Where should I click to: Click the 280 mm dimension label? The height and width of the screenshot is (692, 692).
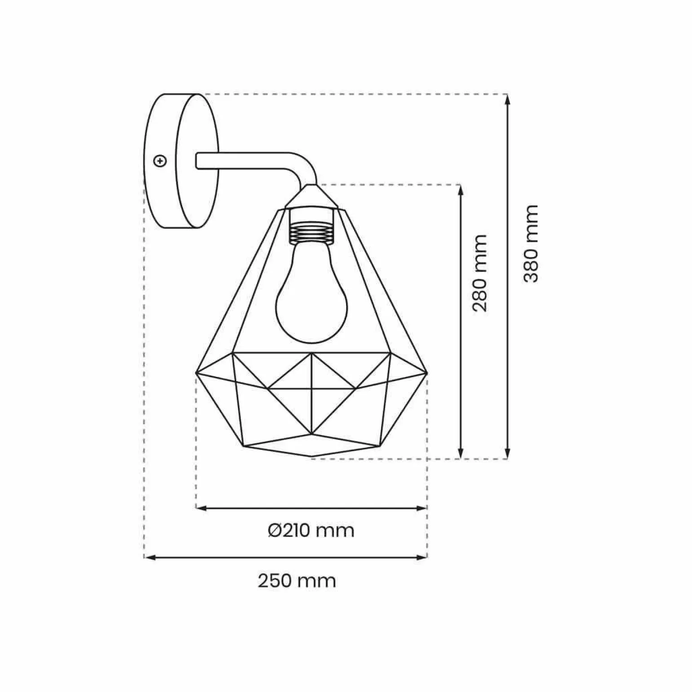479,273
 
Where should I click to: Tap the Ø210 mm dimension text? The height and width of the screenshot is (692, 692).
311,531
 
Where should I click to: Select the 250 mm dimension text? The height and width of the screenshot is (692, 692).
297,581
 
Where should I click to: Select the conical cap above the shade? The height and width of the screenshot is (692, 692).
311,196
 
